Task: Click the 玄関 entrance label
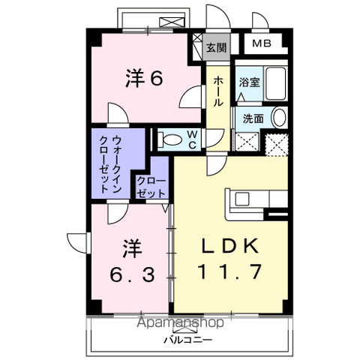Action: (216, 47)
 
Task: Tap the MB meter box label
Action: (262, 43)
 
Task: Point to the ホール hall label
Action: (217, 91)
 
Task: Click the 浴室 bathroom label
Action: (250, 82)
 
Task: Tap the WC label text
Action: (192, 139)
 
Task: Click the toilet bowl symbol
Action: (172, 139)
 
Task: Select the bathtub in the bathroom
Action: (277, 84)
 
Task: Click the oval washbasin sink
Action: (278, 117)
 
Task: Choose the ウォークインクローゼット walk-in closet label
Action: (118, 164)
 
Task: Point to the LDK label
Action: (229, 247)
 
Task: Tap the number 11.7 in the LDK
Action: (229, 271)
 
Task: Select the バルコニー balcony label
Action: (187, 340)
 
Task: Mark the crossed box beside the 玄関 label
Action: (197, 41)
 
